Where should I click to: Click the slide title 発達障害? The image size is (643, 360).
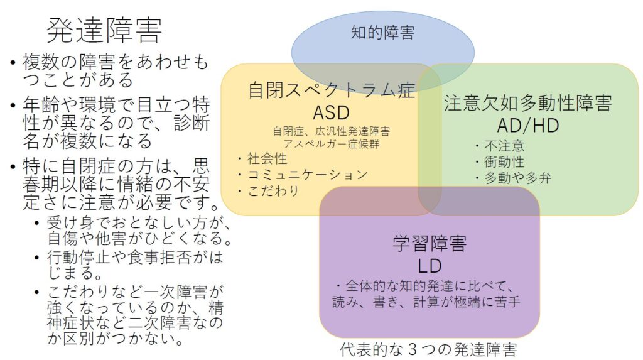click(105, 30)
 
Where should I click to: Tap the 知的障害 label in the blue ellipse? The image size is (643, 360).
click(382, 32)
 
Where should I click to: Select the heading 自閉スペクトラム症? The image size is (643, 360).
click(332, 90)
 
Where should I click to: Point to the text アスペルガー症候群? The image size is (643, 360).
click(330, 143)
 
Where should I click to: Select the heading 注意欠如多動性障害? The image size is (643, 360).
click(527, 103)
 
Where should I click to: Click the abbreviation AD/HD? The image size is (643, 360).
click(527, 125)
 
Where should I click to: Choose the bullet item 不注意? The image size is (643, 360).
click(502, 146)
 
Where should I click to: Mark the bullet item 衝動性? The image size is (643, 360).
click(502, 162)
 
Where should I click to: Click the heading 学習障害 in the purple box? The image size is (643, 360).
click(430, 243)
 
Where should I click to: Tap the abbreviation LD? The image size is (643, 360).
click(430, 265)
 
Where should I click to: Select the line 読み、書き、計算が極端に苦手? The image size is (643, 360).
click(426, 302)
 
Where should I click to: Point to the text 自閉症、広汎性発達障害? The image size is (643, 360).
click(331, 131)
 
